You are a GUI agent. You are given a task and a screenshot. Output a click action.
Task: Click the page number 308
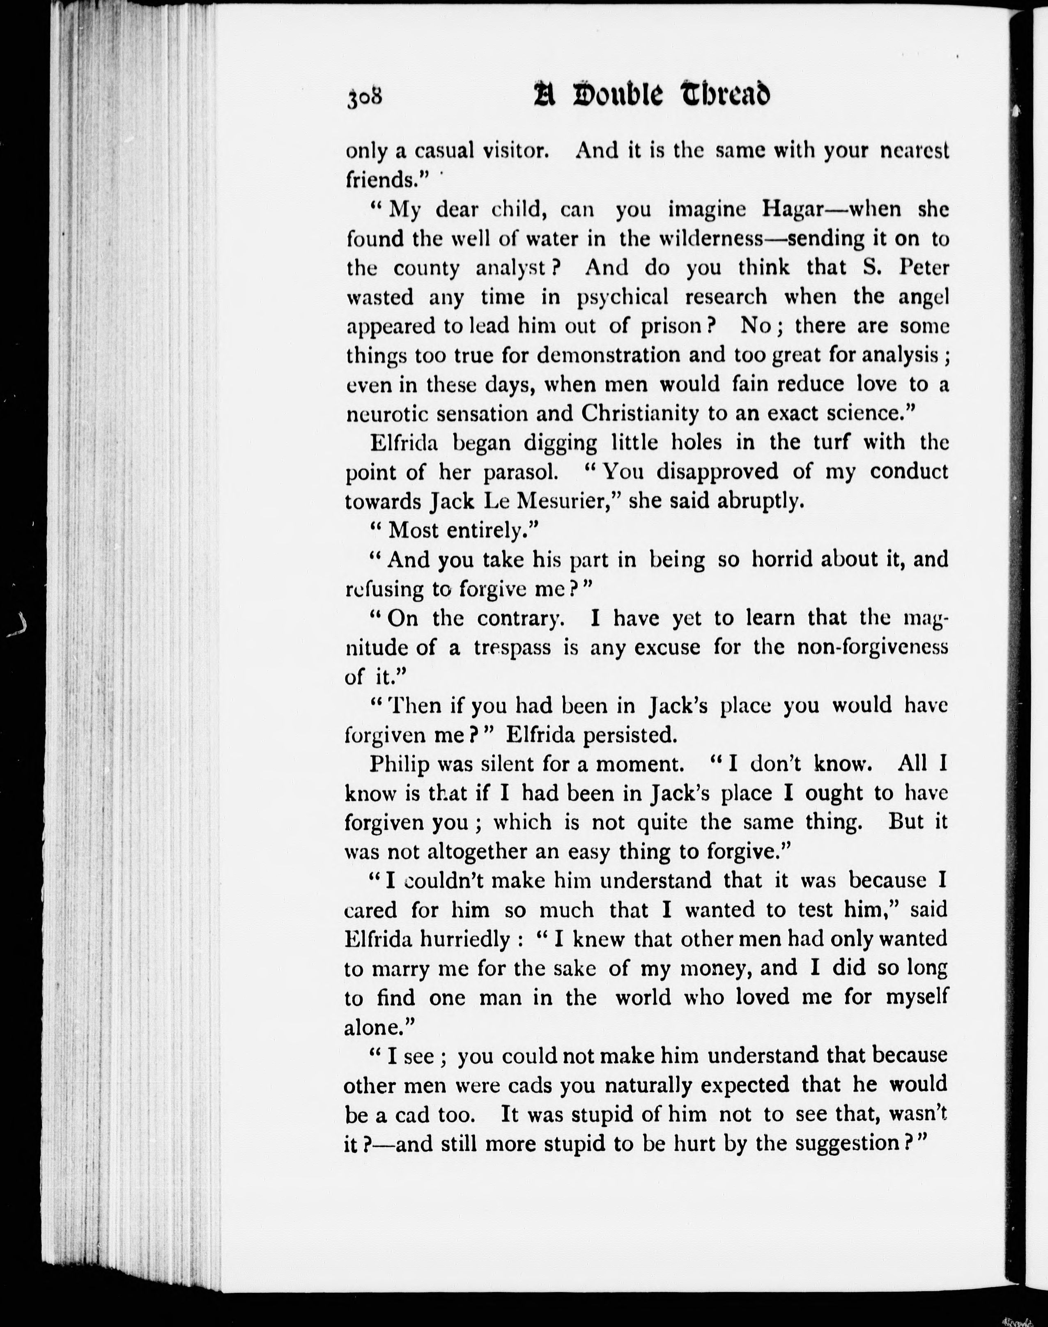click(x=365, y=98)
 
